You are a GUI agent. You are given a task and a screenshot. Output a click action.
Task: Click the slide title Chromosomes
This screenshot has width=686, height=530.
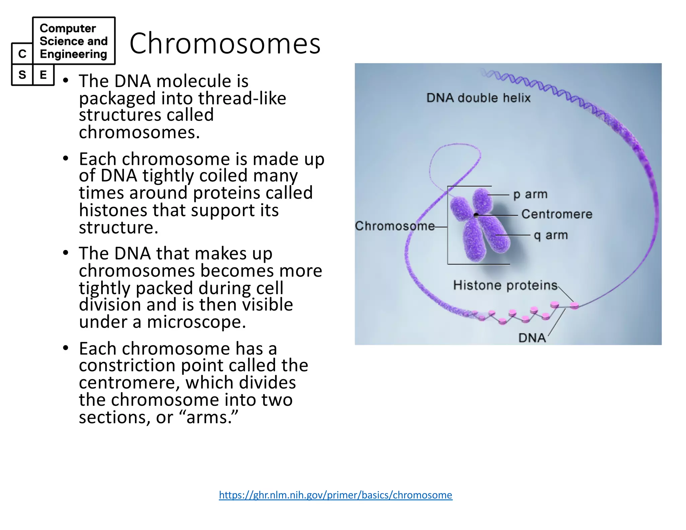[x=225, y=44]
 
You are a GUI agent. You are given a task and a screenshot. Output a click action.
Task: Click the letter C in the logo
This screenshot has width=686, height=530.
[x=22, y=54]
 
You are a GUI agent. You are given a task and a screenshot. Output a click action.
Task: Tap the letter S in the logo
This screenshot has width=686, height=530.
[x=22, y=75]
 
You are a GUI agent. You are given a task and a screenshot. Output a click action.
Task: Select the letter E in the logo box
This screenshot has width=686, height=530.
[x=43, y=75]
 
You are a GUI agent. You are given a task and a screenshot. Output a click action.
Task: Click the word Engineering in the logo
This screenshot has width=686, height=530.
[x=73, y=54]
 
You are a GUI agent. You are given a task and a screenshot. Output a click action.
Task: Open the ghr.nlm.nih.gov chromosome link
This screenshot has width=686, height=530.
[x=335, y=495]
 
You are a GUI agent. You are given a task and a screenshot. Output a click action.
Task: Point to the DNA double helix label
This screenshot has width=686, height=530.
[x=478, y=98]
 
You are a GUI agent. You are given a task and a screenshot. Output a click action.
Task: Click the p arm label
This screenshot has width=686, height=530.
[x=530, y=194]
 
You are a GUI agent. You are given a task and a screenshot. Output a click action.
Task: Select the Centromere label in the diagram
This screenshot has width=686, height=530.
[x=557, y=214]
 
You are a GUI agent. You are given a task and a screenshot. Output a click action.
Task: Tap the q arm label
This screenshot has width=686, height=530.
[x=551, y=235]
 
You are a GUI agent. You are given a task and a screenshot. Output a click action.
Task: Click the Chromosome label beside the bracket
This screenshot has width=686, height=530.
[x=395, y=226]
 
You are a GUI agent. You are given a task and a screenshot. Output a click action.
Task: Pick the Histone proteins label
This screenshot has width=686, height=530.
[x=505, y=285]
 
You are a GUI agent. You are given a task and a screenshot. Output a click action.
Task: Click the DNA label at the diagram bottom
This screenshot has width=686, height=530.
[x=532, y=338]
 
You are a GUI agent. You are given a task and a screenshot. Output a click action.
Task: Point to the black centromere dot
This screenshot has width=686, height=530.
[x=476, y=215]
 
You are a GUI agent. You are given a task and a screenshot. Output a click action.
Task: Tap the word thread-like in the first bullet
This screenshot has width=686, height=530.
[x=242, y=98]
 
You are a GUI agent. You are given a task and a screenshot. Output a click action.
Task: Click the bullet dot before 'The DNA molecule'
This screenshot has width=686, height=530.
[x=66, y=80]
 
